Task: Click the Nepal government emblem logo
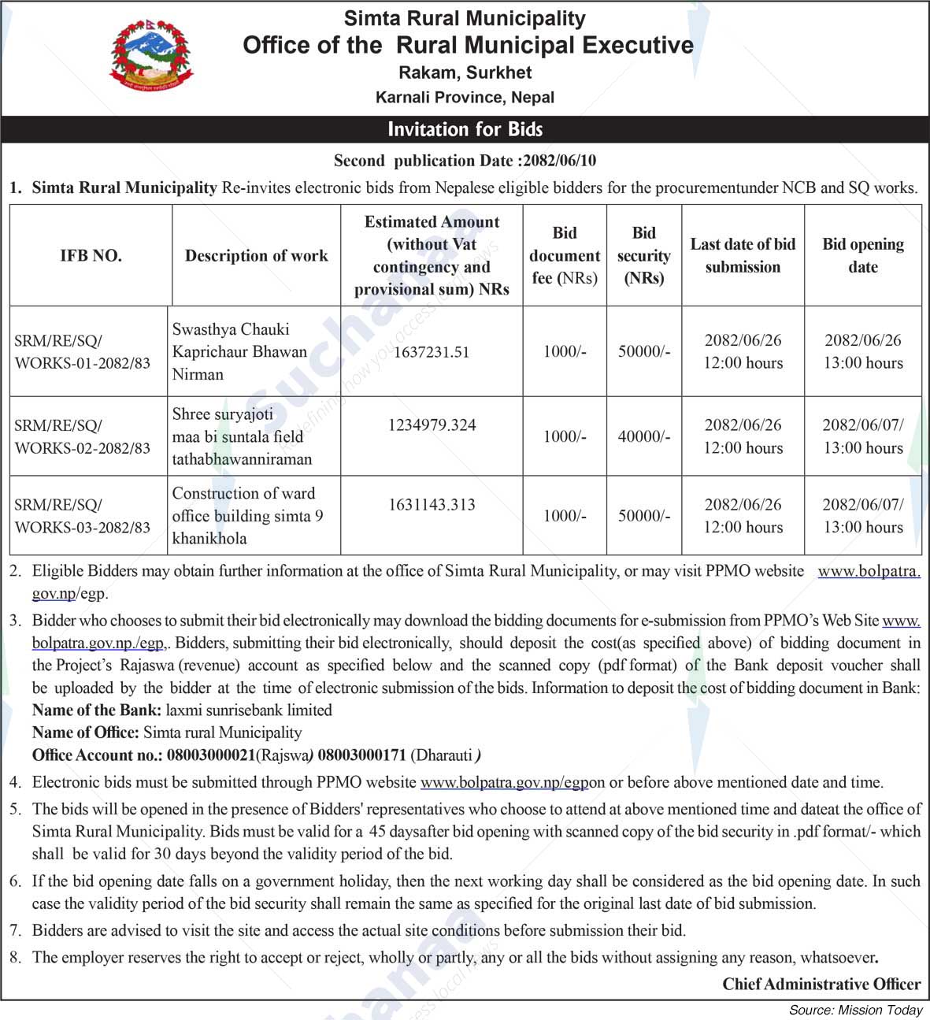click(x=150, y=54)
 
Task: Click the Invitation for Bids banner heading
click(x=465, y=129)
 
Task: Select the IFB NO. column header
click(x=91, y=255)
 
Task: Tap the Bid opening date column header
click(x=863, y=255)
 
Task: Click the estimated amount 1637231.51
click(x=432, y=351)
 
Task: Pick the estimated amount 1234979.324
click(x=432, y=425)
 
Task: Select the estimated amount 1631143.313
click(x=432, y=505)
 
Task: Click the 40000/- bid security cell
click(x=644, y=436)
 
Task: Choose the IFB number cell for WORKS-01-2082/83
click(x=83, y=351)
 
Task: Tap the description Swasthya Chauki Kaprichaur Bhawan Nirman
click(x=239, y=351)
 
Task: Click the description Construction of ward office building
click(x=247, y=516)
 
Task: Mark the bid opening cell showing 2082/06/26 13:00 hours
click(x=863, y=351)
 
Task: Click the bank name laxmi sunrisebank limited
click(x=249, y=710)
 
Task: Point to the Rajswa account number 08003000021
click(x=211, y=755)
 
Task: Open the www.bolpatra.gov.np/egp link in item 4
click(x=504, y=782)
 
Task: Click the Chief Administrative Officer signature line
click(x=821, y=984)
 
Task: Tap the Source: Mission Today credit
click(x=856, y=1010)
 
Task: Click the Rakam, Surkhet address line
click(x=465, y=72)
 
